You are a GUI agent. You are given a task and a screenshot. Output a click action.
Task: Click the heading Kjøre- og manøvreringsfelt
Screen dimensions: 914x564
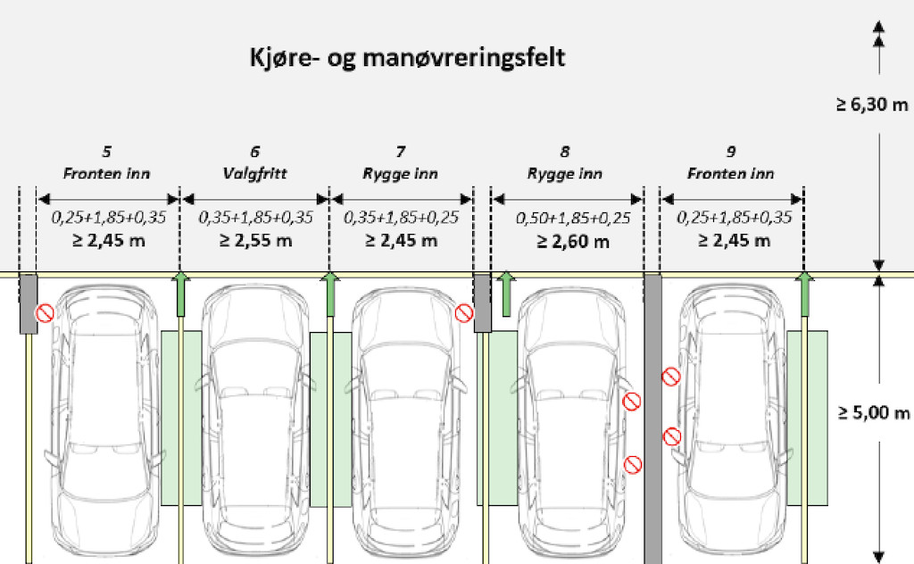point(407,58)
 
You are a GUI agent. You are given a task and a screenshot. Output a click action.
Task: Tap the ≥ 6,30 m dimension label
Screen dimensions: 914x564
point(872,105)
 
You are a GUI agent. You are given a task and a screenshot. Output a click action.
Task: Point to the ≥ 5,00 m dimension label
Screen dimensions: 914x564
point(873,413)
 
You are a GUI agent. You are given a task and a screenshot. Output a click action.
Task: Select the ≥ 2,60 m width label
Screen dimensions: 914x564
point(573,241)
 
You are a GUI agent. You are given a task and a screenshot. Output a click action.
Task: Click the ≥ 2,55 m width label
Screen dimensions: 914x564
point(255,240)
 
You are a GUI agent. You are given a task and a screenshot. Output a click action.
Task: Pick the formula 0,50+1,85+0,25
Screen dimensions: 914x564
point(573,218)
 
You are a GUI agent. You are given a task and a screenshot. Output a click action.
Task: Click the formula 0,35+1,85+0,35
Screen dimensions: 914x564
point(255,218)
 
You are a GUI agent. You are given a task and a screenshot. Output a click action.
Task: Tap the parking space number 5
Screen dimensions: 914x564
point(107,152)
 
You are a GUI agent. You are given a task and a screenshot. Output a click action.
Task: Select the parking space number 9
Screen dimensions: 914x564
point(731,152)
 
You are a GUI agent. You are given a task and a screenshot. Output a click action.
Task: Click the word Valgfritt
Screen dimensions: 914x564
point(254,173)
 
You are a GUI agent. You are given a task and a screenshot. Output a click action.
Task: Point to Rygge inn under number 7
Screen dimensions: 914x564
point(400,174)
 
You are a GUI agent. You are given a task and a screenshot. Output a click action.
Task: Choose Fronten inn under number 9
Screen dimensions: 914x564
point(730,174)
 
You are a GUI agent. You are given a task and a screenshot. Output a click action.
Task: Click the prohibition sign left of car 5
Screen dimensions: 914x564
point(45,313)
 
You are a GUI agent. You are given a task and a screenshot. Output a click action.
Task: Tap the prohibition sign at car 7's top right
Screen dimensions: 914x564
point(463,313)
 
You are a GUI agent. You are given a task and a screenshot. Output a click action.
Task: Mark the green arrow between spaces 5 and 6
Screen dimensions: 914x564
point(180,294)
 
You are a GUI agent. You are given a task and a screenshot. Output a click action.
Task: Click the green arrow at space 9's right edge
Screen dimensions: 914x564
point(805,294)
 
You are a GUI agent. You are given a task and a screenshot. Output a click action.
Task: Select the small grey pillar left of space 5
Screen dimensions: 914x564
point(29,303)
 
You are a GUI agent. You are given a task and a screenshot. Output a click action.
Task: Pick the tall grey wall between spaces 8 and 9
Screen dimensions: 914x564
point(652,419)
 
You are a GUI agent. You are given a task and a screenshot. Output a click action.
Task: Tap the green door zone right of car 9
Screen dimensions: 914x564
point(807,418)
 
